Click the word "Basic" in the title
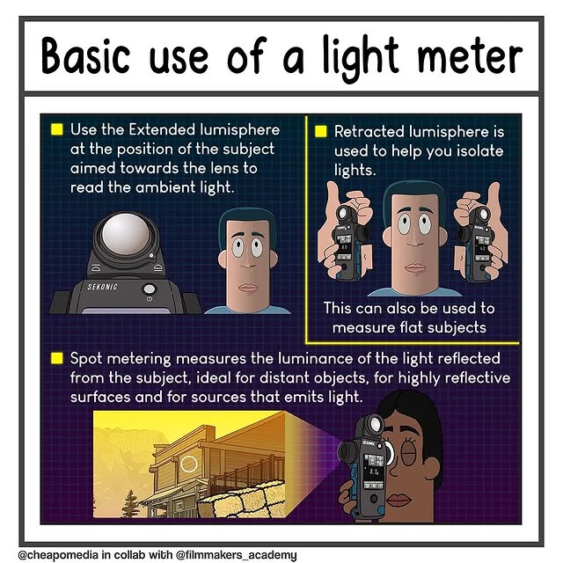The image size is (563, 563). coord(85,55)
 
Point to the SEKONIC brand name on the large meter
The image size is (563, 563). coord(102,287)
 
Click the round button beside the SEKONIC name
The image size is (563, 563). coord(150,289)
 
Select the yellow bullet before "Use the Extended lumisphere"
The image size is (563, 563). coord(57,129)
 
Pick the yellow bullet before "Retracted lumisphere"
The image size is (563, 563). coord(321,131)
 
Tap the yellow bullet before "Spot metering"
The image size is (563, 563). coord(57,358)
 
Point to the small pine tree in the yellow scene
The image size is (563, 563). coord(130,503)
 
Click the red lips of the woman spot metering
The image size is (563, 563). coord(398,500)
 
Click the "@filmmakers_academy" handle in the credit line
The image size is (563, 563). coord(237,555)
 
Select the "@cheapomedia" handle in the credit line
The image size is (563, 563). coord(58,555)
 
